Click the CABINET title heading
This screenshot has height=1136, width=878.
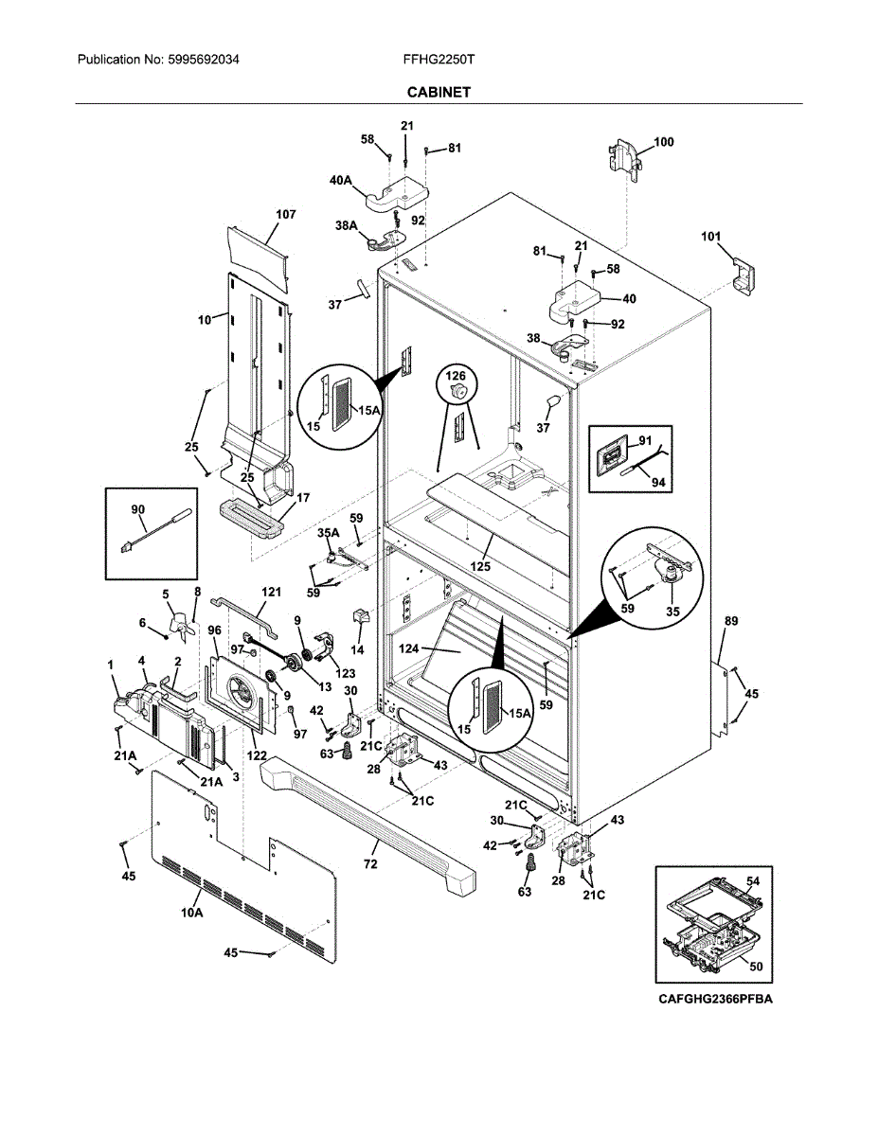click(439, 92)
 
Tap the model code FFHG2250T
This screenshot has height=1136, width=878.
click(439, 59)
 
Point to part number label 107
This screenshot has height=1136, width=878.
click(286, 215)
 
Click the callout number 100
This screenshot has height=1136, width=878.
click(664, 142)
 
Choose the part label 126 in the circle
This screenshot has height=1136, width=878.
click(457, 376)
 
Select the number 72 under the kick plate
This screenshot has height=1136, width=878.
click(370, 864)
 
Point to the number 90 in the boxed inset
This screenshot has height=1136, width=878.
click(138, 509)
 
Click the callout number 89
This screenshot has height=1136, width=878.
click(731, 621)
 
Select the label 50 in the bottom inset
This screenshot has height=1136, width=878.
click(756, 967)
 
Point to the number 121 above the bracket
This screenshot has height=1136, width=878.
click(272, 592)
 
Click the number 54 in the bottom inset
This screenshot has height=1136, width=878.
click(753, 880)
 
